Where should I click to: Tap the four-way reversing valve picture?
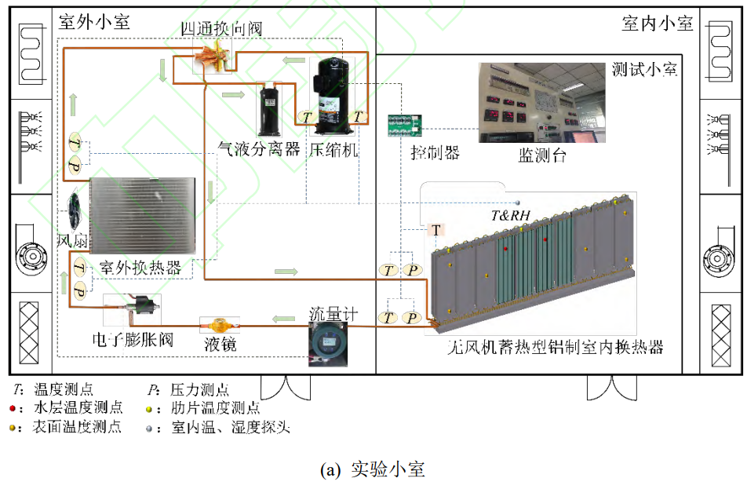click(213, 57)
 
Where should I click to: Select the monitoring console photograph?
click(543, 102)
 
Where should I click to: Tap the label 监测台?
click(542, 155)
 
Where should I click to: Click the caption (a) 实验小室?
click(373, 469)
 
